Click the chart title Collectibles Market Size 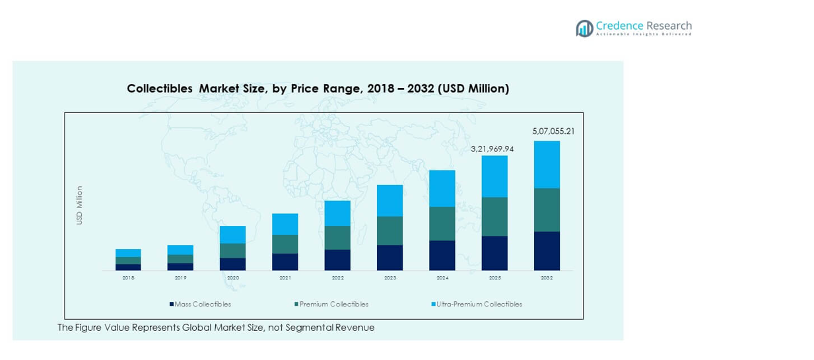tap(318, 89)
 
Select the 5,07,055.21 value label tap(553, 131)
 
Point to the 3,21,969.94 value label tap(492, 149)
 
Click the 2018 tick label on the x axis tap(128, 278)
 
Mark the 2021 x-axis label tap(285, 278)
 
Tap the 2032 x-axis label tap(547, 278)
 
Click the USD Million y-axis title tap(79, 205)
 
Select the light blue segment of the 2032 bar tap(547, 164)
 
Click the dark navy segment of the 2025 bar tap(494, 253)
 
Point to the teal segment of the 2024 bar tap(442, 223)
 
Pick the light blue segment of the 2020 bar tap(232, 234)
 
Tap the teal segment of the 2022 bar tap(337, 238)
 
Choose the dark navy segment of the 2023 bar tap(390, 258)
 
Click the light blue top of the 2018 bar tap(128, 253)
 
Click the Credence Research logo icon tap(584, 28)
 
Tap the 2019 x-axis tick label tap(180, 278)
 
